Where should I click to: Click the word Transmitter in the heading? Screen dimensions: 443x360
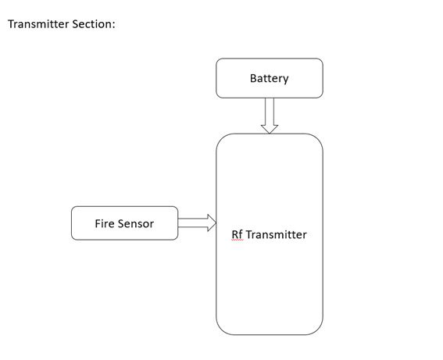click(x=38, y=24)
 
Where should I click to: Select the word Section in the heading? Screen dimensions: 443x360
click(x=91, y=24)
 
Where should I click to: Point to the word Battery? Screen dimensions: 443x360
click(x=270, y=79)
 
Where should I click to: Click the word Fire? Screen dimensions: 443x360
click(x=105, y=223)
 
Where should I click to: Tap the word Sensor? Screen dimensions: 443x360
click(x=136, y=223)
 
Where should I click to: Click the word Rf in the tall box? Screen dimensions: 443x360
click(x=237, y=234)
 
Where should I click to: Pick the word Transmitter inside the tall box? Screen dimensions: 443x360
click(x=276, y=234)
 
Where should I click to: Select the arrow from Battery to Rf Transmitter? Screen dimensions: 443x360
click(x=270, y=116)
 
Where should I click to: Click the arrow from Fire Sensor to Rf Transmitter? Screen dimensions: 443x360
click(x=197, y=223)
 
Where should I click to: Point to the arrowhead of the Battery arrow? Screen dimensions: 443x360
click(x=270, y=130)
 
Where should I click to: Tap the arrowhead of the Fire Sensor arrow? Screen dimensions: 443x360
click(x=212, y=223)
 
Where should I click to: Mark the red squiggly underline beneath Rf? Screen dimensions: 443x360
click(x=237, y=240)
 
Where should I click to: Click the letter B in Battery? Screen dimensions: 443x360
click(x=253, y=78)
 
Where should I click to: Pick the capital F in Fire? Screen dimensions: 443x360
click(x=98, y=223)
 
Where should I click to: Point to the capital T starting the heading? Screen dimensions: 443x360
click(x=11, y=24)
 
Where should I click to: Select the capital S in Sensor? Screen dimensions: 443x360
click(x=121, y=223)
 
